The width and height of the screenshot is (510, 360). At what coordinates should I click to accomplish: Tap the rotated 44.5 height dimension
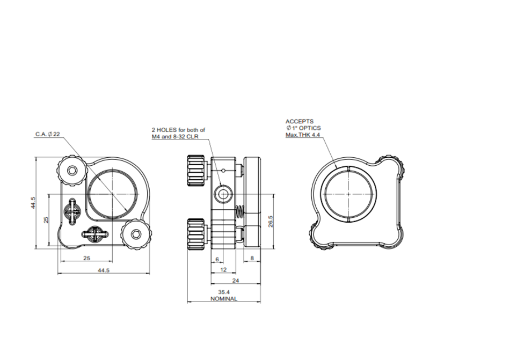(x=33, y=203)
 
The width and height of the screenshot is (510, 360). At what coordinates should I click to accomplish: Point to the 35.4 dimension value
(x=224, y=292)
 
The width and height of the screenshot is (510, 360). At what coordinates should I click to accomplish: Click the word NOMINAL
(x=224, y=299)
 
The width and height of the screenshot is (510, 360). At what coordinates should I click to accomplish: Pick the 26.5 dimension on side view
(x=271, y=222)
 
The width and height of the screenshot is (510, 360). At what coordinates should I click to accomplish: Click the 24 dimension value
(x=235, y=280)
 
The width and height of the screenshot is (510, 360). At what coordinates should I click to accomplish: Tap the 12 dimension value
(x=224, y=269)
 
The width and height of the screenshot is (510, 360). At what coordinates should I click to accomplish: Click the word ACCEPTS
(x=300, y=122)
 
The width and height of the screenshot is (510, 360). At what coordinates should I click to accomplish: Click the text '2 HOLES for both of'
(x=178, y=130)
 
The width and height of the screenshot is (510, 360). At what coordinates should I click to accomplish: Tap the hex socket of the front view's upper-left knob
(x=72, y=170)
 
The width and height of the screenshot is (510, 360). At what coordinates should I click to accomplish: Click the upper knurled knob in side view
(x=195, y=170)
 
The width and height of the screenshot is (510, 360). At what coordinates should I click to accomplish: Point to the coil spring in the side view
(x=240, y=212)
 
